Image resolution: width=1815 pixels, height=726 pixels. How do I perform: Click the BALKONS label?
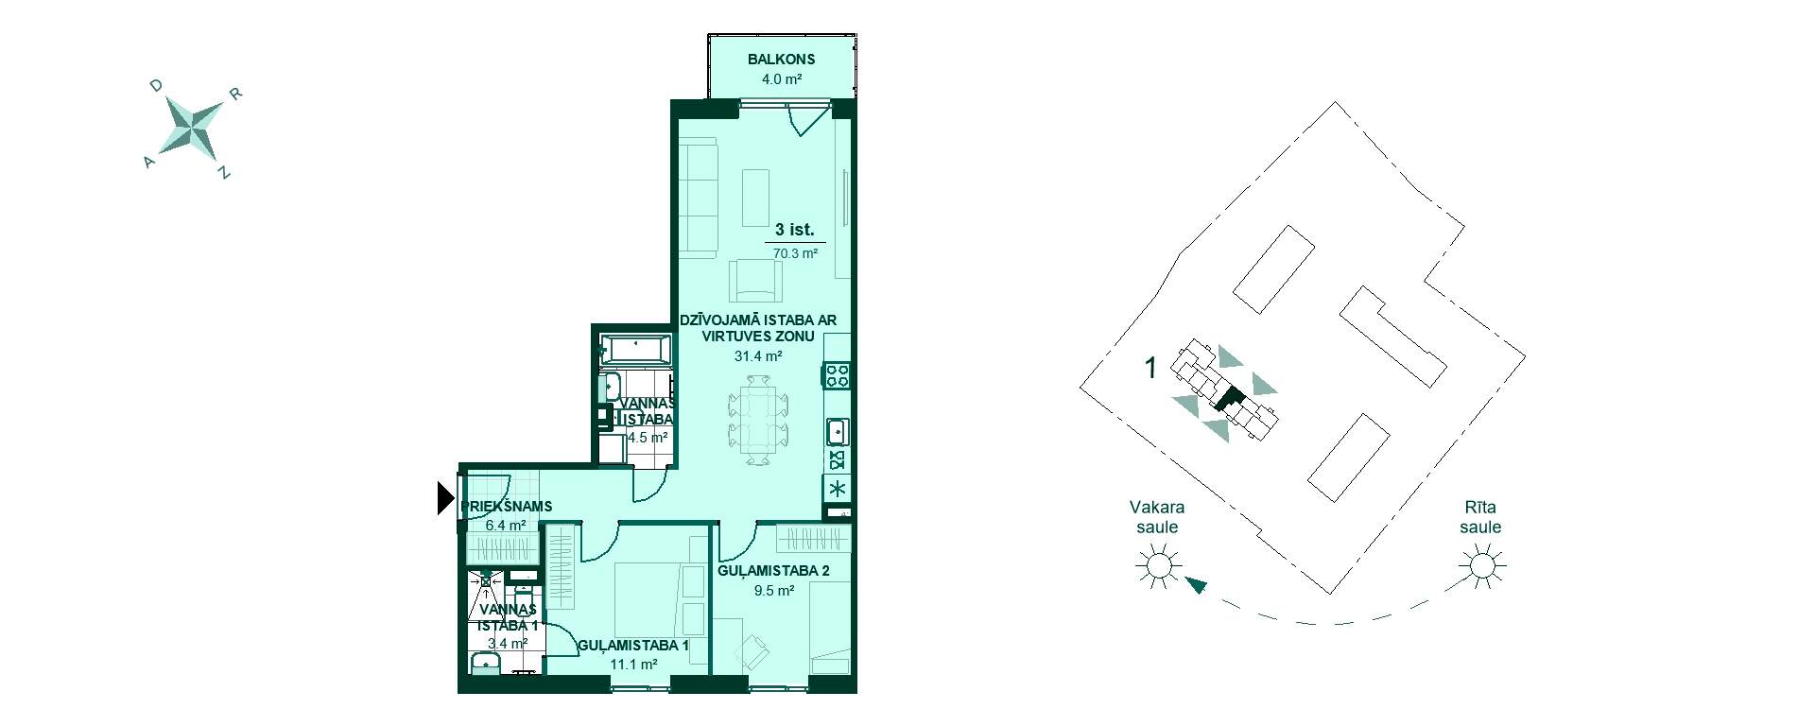point(781,59)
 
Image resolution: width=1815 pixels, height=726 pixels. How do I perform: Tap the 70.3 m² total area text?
point(795,253)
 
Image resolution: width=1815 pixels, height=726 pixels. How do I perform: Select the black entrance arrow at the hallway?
point(446,498)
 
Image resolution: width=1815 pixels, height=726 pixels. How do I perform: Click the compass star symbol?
point(193,126)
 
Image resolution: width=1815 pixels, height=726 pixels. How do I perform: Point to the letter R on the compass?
point(236,94)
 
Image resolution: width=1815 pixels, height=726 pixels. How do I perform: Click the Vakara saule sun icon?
point(1157,567)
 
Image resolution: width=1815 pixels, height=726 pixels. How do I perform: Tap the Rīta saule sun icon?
point(1480,567)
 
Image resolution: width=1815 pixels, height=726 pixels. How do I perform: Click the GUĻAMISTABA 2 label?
point(773,571)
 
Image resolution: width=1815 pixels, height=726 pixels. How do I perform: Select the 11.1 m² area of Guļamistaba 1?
point(633,665)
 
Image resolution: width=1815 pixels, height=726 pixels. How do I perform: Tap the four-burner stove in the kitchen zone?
point(838,375)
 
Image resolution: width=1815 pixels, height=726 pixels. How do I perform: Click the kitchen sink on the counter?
point(838,433)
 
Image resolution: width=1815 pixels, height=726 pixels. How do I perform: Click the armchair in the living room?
point(755,281)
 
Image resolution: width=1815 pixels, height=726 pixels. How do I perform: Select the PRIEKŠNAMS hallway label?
point(507,507)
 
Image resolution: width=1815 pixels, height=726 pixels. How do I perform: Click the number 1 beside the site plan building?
point(1150,368)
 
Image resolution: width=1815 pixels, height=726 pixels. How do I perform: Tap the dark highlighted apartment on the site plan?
point(1227,399)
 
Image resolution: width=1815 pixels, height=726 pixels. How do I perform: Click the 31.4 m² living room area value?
point(758,356)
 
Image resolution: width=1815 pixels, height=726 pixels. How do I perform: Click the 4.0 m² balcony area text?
point(782,79)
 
